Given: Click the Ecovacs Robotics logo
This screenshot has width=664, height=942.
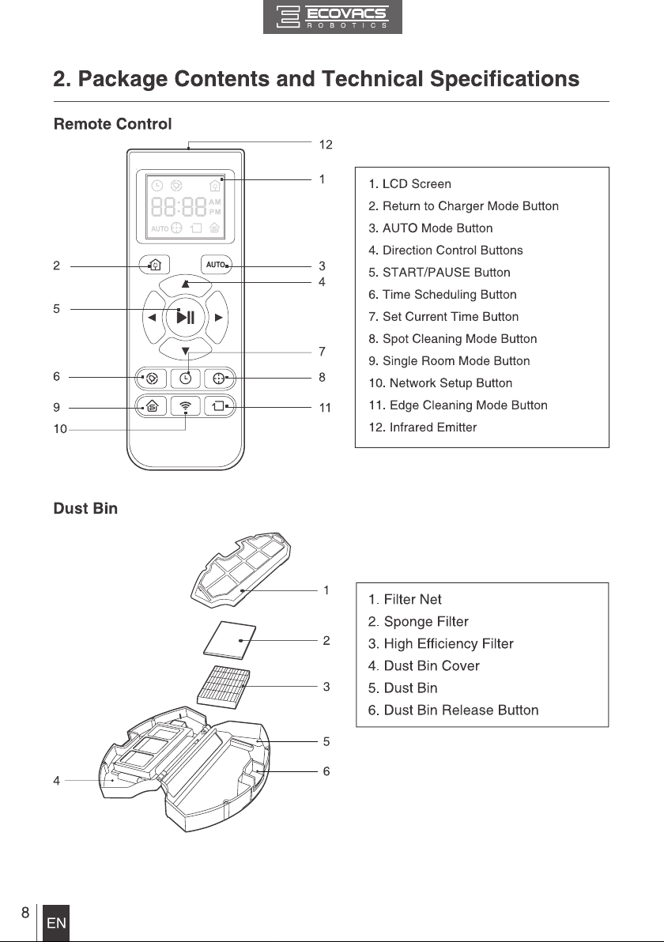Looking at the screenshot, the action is pyautogui.click(x=332, y=17).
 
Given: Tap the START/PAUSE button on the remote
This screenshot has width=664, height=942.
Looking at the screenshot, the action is pyautogui.click(x=185, y=317).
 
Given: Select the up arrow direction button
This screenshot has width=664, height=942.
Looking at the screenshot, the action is pyautogui.click(x=185, y=284).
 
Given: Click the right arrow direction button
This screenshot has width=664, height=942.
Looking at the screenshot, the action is pyautogui.click(x=217, y=317).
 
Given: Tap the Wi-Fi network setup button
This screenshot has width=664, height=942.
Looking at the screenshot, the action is pyautogui.click(x=185, y=407).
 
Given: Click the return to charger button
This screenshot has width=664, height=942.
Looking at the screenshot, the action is pyautogui.click(x=154, y=264).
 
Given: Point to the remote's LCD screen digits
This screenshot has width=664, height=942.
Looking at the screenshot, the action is pyautogui.click(x=179, y=207).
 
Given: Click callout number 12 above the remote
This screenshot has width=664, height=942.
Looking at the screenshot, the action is pyautogui.click(x=326, y=145).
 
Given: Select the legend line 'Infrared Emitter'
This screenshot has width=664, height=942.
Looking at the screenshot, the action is pyautogui.click(x=422, y=428).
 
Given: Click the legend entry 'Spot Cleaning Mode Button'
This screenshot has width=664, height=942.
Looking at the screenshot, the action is pyautogui.click(x=452, y=339).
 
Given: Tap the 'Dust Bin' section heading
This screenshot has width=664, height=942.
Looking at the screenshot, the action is pyautogui.click(x=85, y=508).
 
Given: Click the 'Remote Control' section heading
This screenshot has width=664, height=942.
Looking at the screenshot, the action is pyautogui.click(x=112, y=124).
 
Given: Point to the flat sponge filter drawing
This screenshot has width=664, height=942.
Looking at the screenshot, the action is pyautogui.click(x=229, y=640).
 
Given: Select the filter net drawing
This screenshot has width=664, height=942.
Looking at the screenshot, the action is pyautogui.click(x=240, y=567).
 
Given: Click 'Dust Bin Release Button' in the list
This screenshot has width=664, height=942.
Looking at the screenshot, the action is pyautogui.click(x=453, y=710).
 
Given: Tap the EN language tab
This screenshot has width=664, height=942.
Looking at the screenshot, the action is pyautogui.click(x=56, y=923).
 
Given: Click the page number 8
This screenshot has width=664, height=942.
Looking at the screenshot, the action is pyautogui.click(x=25, y=913).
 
